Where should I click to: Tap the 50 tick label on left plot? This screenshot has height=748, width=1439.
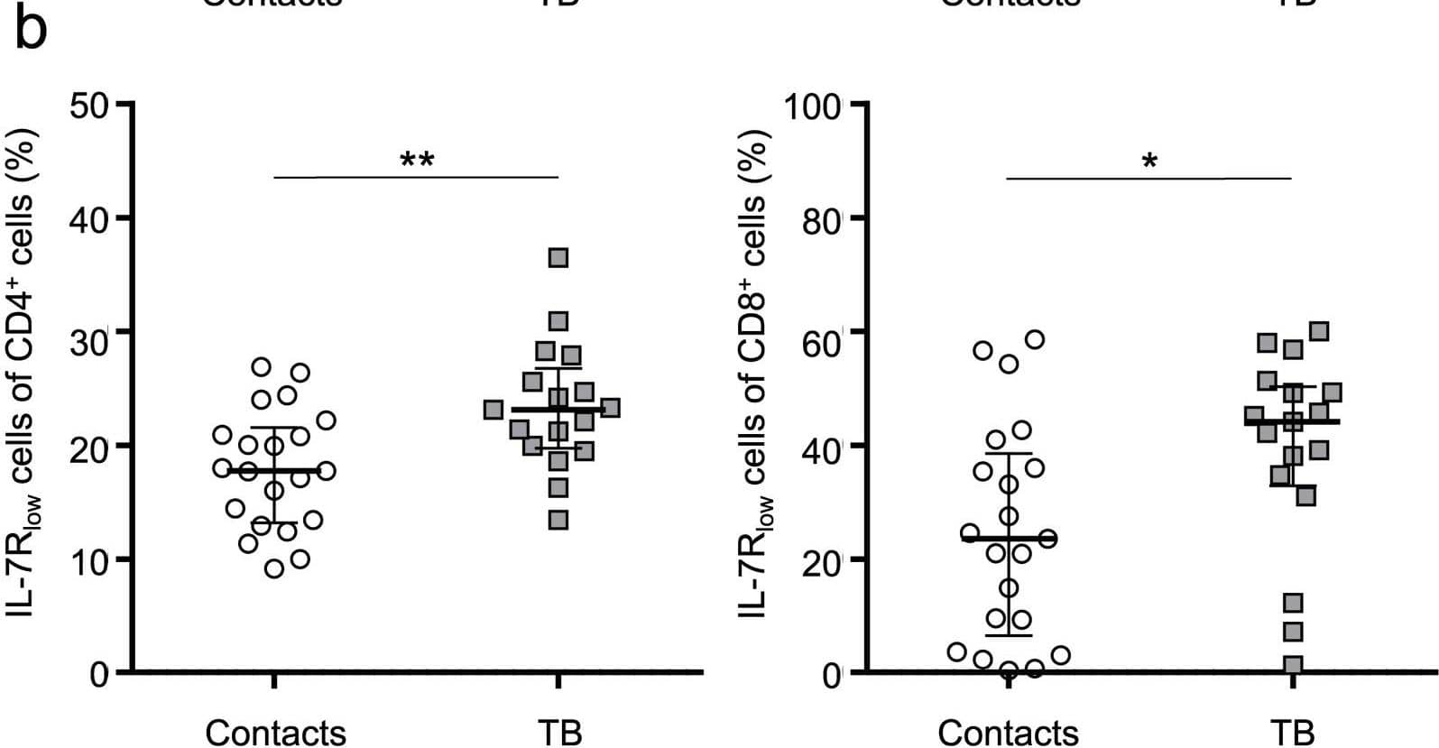click(88, 106)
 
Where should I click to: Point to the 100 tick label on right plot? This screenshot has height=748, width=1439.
click(811, 106)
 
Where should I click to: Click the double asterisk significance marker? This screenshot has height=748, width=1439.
click(417, 162)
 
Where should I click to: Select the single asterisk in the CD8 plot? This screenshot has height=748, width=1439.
click(1149, 163)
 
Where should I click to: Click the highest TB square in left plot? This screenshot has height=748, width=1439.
click(558, 259)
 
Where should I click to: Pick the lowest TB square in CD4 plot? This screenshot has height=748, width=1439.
click(558, 520)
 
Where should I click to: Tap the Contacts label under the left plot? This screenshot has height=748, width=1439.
click(275, 732)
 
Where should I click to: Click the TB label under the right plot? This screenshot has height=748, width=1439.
click(1292, 732)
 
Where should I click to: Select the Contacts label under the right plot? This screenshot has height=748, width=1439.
click(1008, 732)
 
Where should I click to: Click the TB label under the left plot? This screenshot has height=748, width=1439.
click(559, 732)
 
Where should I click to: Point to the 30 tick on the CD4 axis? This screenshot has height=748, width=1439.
click(88, 332)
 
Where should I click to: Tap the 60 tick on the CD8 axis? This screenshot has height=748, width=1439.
click(820, 332)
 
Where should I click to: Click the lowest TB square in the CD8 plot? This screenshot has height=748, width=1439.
click(1293, 665)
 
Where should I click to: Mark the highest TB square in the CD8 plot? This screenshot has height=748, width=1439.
click(1319, 331)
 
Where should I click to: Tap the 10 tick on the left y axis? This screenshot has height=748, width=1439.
click(88, 559)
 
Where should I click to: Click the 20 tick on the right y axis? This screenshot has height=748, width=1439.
click(820, 559)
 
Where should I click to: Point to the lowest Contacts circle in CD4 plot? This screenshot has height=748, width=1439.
click(274, 568)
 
